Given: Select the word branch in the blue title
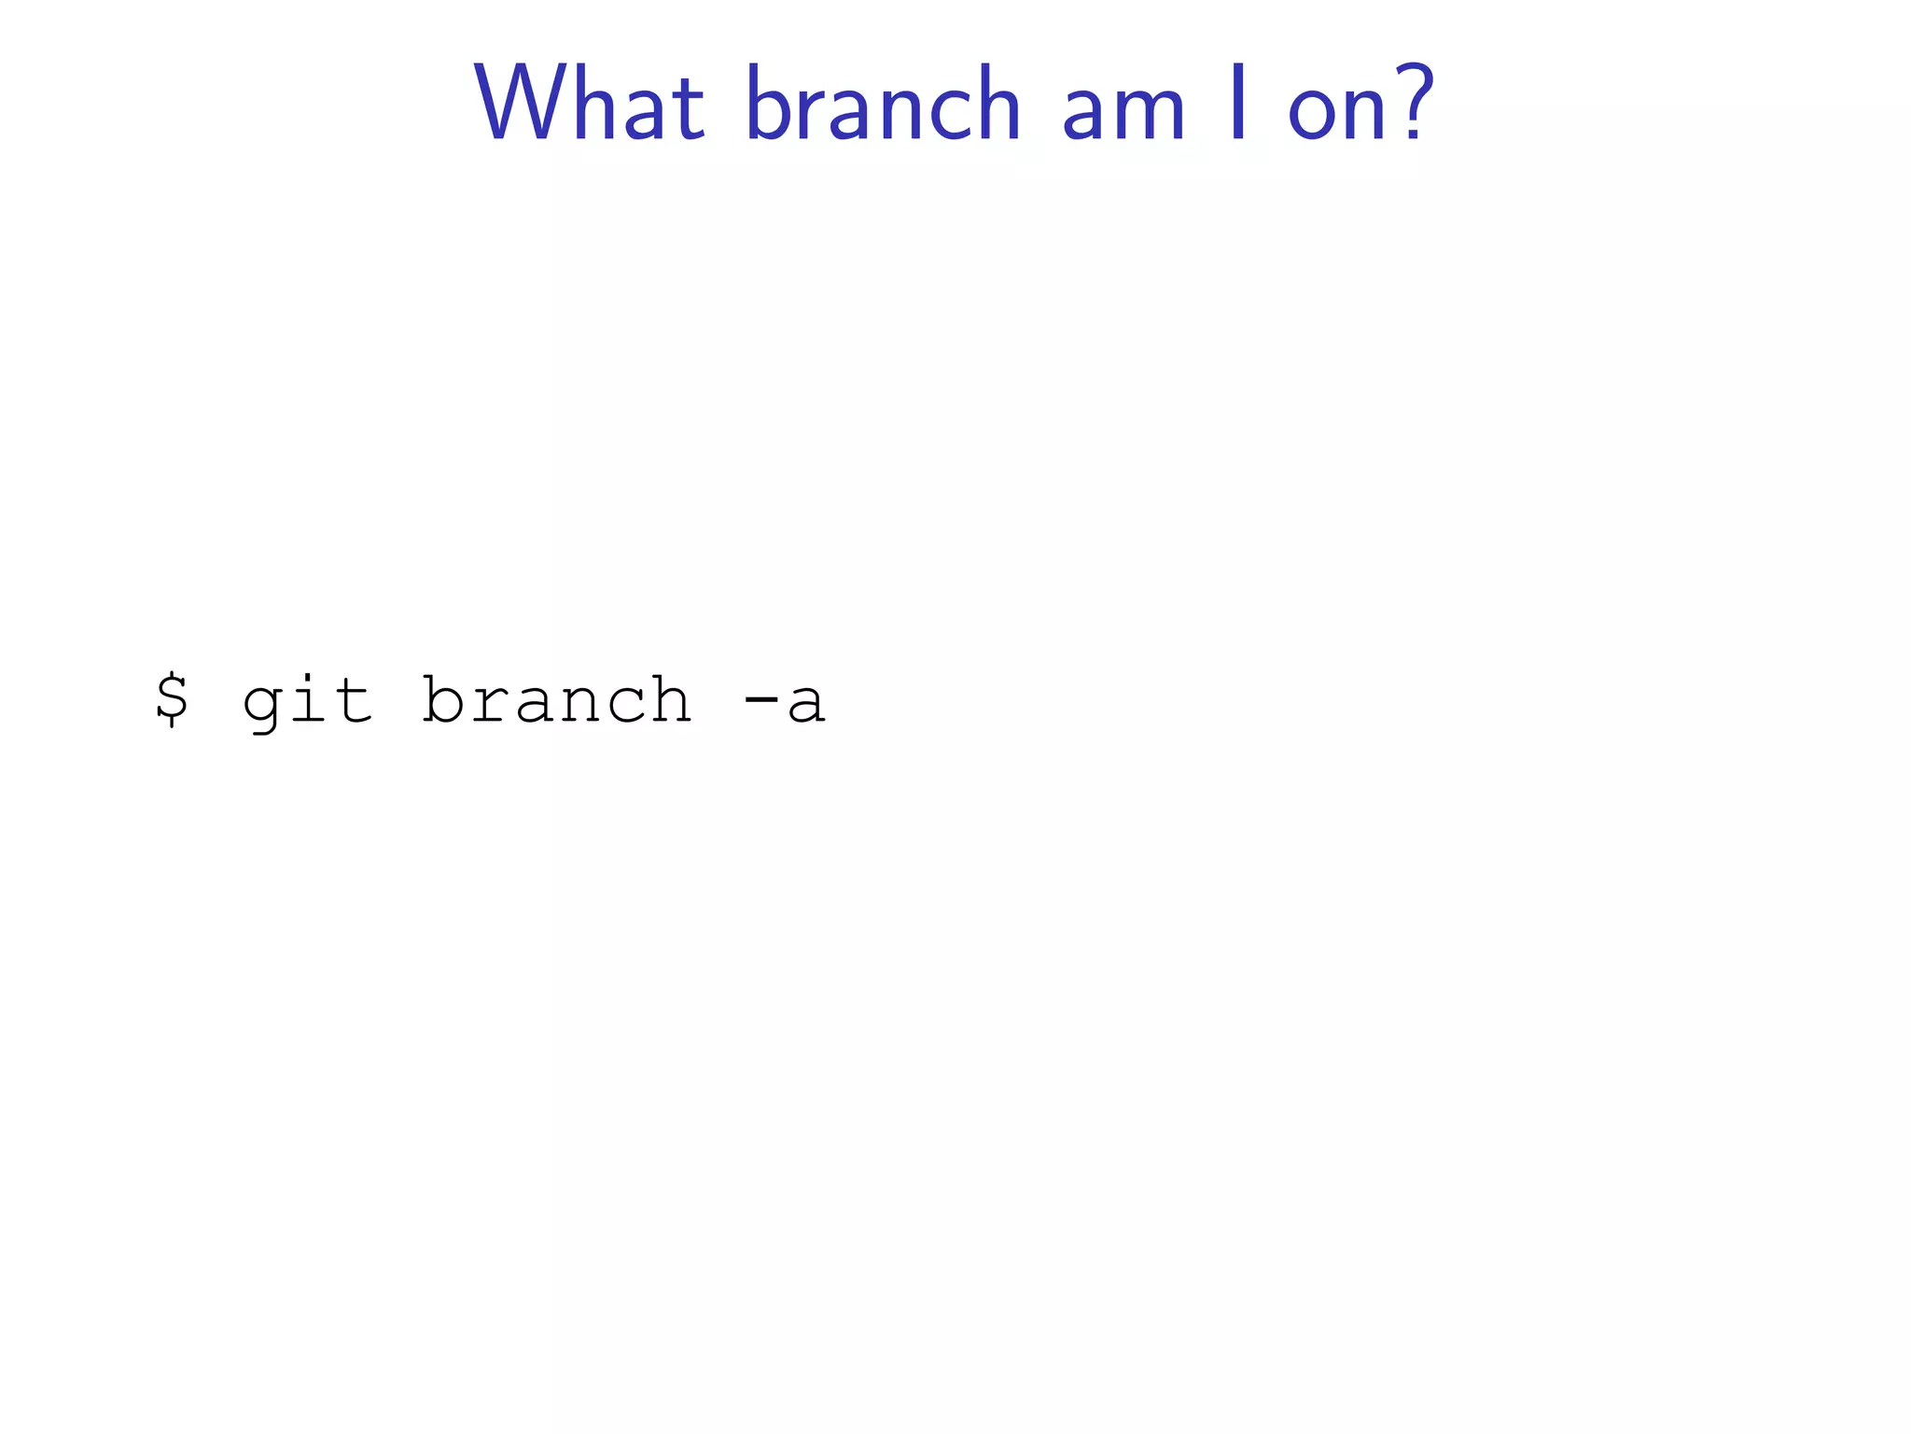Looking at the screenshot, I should point(883,105).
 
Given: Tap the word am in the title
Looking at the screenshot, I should point(1123,112).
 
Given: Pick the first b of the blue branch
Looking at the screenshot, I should point(771,105).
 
